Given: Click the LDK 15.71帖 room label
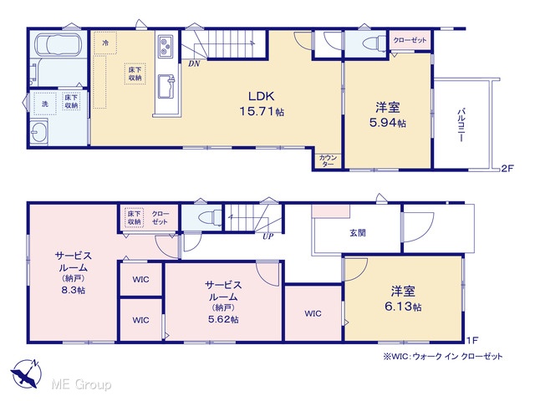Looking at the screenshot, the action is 262,104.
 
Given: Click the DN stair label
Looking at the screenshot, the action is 194,63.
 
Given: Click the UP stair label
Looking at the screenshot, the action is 267,236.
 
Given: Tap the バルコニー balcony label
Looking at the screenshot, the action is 461,125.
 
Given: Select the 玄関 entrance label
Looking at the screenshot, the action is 358,232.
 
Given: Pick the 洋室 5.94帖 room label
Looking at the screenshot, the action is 388,115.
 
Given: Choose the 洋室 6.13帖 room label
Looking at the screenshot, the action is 403,299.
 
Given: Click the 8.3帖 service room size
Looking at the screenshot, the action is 74,290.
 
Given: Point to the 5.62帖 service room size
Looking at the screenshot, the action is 223,319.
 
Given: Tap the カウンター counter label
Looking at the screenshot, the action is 328,160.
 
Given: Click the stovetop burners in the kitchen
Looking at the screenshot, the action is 166,45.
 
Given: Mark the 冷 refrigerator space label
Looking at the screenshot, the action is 106,43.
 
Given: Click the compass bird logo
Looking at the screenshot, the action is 26,373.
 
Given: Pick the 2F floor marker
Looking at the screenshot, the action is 507,168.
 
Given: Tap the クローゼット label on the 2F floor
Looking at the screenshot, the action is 410,40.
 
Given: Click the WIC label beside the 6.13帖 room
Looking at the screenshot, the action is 313,313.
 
